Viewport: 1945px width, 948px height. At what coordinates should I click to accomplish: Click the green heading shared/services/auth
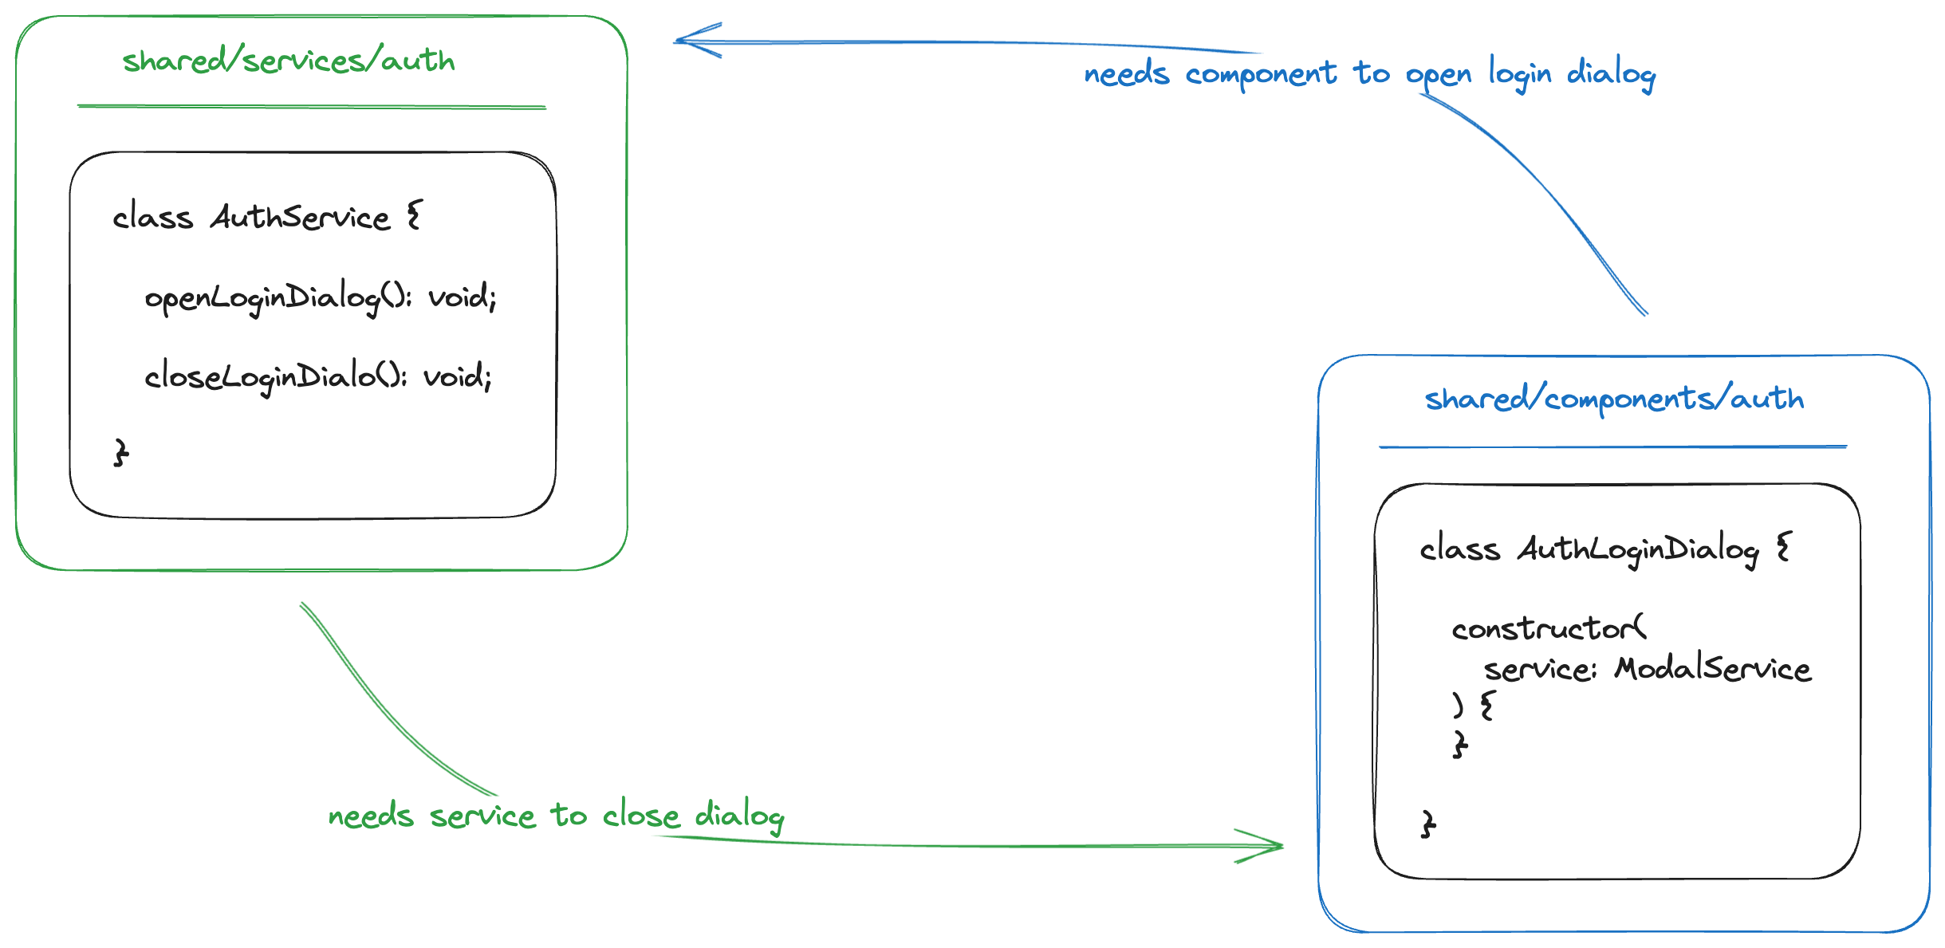(x=288, y=61)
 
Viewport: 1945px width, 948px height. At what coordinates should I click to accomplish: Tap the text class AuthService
(x=251, y=217)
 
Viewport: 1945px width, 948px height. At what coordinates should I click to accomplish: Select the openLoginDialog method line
(x=320, y=297)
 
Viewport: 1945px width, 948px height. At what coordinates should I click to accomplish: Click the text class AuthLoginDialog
(x=1589, y=549)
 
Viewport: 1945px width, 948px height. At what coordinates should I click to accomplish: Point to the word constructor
(x=1547, y=629)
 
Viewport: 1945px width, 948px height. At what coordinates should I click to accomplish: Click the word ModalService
(x=1712, y=668)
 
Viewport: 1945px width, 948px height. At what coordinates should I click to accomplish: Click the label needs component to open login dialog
(x=1368, y=74)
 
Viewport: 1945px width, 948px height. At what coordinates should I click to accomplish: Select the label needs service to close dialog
(x=555, y=816)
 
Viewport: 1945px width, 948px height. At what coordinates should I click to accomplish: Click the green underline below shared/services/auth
(x=311, y=106)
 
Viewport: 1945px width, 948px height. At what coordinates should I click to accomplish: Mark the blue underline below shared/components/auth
(x=1612, y=446)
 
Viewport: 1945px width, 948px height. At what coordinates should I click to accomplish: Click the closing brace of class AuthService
(x=120, y=452)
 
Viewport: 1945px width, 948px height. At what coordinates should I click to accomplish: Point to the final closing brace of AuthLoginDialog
(x=1428, y=824)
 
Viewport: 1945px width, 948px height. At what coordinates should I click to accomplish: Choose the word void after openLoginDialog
(x=461, y=297)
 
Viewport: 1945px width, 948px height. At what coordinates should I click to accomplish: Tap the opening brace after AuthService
(x=414, y=215)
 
